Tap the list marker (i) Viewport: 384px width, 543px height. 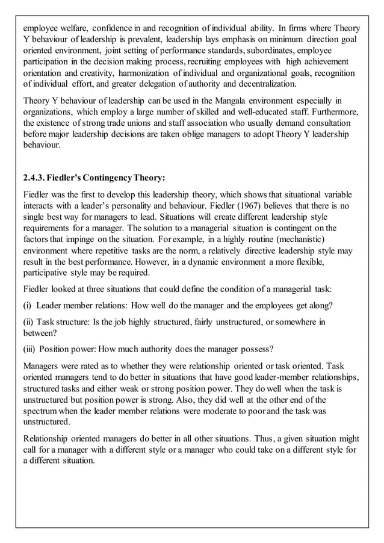coord(27,305)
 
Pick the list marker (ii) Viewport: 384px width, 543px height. coord(28,322)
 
